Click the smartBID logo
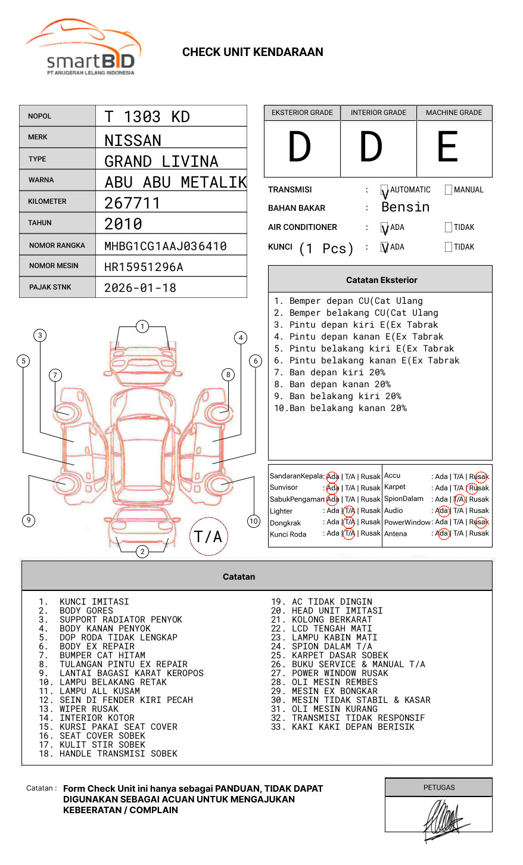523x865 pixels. pyautogui.click(x=83, y=48)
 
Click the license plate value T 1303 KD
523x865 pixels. pyautogui.click(x=147, y=117)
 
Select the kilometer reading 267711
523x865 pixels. pyautogui.click(x=132, y=203)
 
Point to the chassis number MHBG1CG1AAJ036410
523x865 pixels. pyautogui.click(x=166, y=246)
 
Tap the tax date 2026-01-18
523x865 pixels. pyautogui.click(x=140, y=288)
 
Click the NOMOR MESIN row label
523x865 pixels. pyautogui.click(x=54, y=266)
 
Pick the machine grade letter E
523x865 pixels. pyautogui.click(x=447, y=147)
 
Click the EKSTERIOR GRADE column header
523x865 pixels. pyautogui.click(x=302, y=113)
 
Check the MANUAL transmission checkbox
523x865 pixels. pyautogui.click(x=449, y=190)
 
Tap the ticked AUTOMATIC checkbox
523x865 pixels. pyautogui.click(x=385, y=191)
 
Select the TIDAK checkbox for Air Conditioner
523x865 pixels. pyautogui.click(x=449, y=228)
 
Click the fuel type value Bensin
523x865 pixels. pyautogui.click(x=405, y=207)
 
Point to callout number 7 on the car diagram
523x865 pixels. pyautogui.click(x=55, y=375)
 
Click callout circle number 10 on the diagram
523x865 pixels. pyautogui.click(x=254, y=521)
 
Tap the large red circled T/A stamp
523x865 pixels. pyautogui.click(x=208, y=537)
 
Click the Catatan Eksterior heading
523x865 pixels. pyautogui.click(x=381, y=280)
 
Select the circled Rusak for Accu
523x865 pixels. pyautogui.click(x=480, y=477)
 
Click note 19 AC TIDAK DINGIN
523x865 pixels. pyautogui.click(x=322, y=602)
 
